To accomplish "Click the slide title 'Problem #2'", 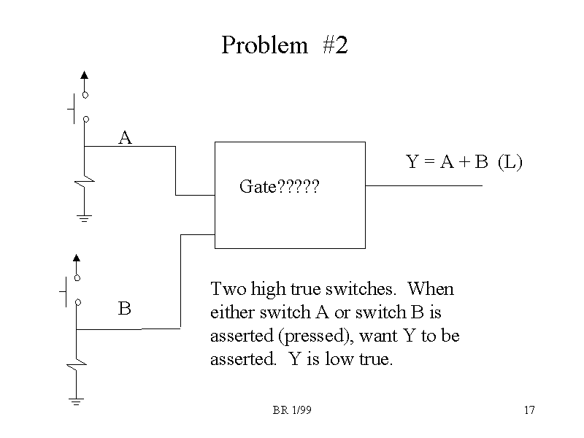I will tap(285, 45).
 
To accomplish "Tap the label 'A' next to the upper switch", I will tap(125, 137).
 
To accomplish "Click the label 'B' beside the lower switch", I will tap(125, 309).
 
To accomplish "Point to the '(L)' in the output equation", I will tap(510, 162).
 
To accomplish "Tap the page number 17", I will tap(529, 410).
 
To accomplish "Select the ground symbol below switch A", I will tap(84, 218).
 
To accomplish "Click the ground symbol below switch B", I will tap(76, 401).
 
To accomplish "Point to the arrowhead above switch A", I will tap(85, 74).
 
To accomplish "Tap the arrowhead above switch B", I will tap(76, 257).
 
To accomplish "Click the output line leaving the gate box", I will tap(423, 185).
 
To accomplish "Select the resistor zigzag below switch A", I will tap(86, 180).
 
